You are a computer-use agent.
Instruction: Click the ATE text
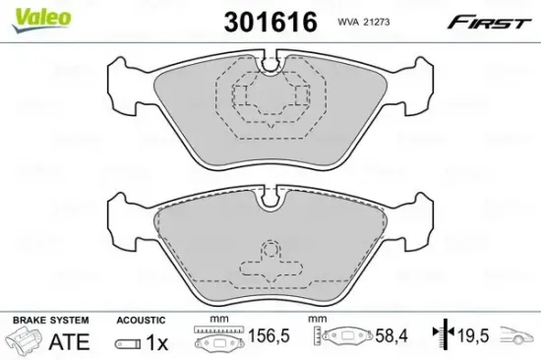click(69, 343)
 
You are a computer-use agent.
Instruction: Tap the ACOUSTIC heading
click(140, 320)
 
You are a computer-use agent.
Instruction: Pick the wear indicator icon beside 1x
click(126, 343)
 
